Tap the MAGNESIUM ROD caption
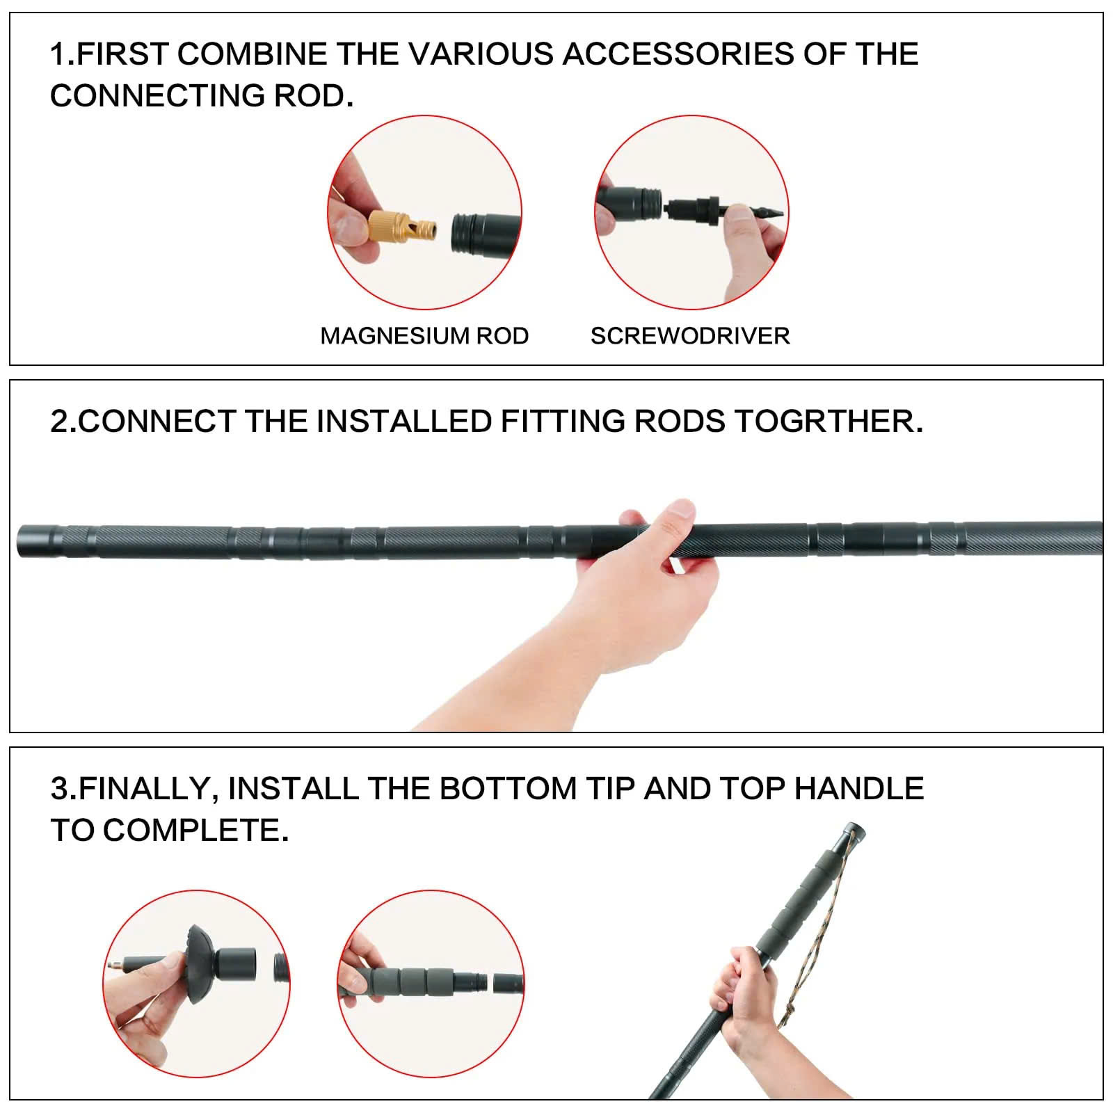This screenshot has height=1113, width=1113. pyautogui.click(x=424, y=336)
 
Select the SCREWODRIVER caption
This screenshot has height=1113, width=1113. pyautogui.click(x=690, y=336)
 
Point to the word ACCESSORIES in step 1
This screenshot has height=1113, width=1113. pyautogui.click(x=678, y=54)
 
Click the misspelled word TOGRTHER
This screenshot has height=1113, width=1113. pyautogui.click(x=828, y=422)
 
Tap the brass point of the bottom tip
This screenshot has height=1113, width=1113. pyautogui.click(x=113, y=966)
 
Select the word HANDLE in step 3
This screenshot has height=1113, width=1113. pyautogui.click(x=858, y=789)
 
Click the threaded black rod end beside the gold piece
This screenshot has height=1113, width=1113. pyautogui.click(x=480, y=232)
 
